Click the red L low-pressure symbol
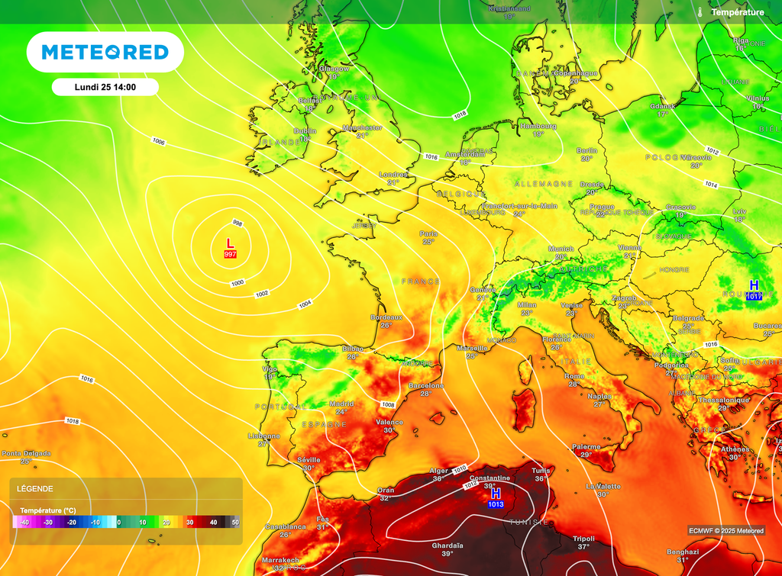coord(230,243)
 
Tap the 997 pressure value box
coord(230,253)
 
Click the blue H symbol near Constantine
coord(496,494)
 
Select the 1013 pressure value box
coord(496,504)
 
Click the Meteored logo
coord(105,52)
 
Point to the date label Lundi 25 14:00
coord(105,87)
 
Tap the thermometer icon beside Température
coord(699,12)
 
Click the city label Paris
coord(428,233)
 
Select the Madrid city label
coord(341,404)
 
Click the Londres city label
coord(393,174)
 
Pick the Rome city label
coord(574,376)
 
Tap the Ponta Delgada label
coord(26,453)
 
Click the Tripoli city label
coord(583,539)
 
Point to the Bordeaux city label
coord(386,317)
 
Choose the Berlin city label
coord(586,150)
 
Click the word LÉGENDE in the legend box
coord(35,489)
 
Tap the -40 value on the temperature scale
coord(24,522)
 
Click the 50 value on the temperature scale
coord(235,522)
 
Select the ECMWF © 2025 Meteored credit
coord(725,531)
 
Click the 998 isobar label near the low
coord(238,224)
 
